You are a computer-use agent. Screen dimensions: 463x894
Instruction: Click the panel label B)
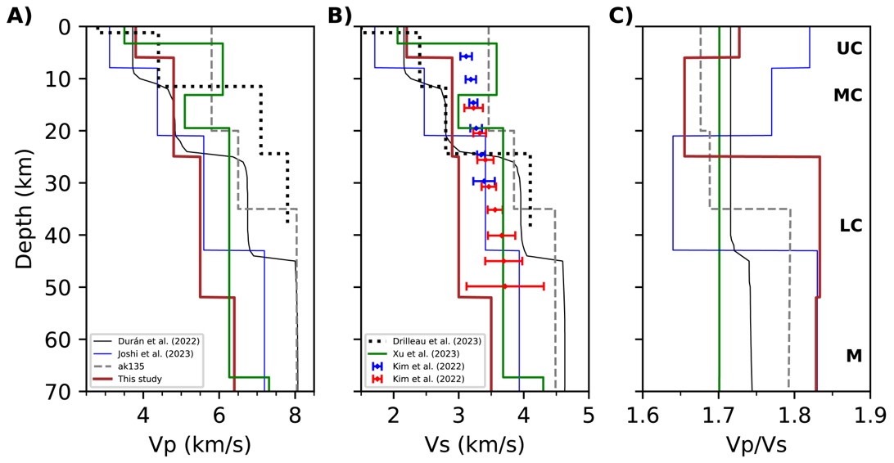click(x=339, y=15)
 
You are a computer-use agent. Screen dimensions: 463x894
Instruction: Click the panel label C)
click(x=619, y=15)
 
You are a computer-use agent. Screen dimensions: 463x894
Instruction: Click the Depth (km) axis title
click(x=25, y=209)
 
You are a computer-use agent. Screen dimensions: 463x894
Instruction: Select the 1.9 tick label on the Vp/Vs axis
click(x=869, y=415)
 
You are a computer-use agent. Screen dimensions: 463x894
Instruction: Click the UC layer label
click(x=849, y=48)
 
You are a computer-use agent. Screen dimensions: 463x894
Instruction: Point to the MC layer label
click(x=847, y=96)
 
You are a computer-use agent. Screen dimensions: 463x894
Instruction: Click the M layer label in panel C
click(x=853, y=356)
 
